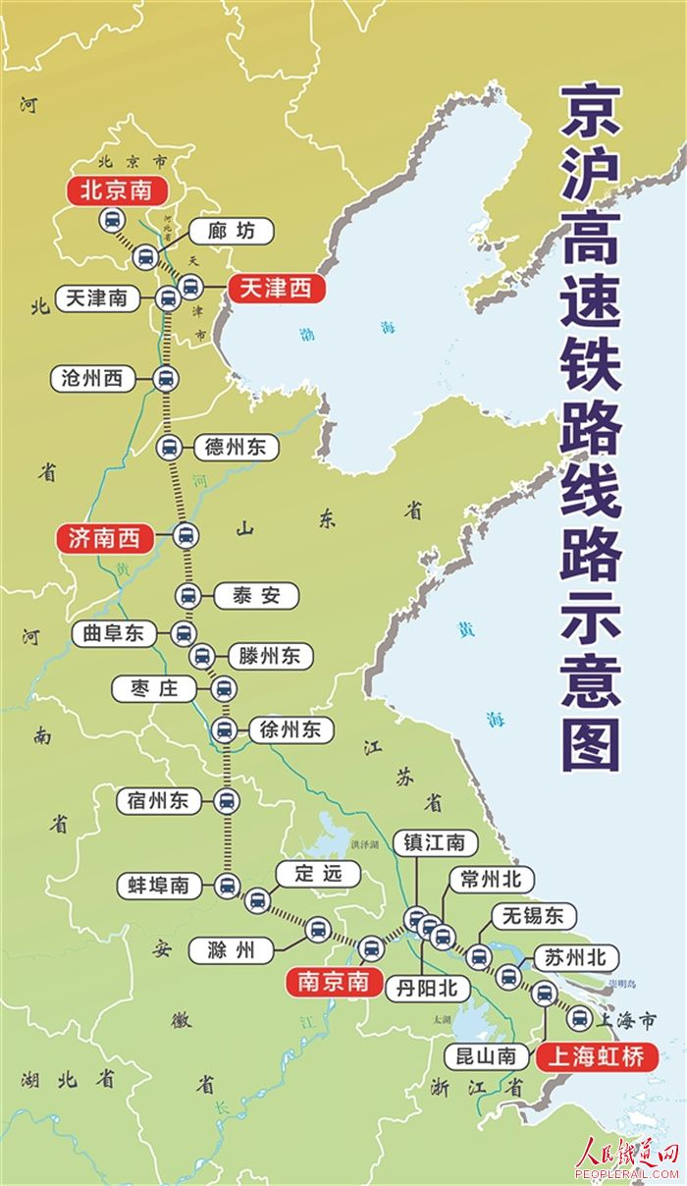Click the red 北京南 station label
[116, 190]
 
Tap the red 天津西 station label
[275, 288]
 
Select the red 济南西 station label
[105, 538]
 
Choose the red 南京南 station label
[334, 980]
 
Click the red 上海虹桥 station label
[597, 1055]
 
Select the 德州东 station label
[236, 448]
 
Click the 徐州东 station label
[291, 729]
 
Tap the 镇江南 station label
[435, 842]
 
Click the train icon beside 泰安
[187, 595]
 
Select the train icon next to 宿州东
[227, 801]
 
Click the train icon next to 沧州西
[165, 378]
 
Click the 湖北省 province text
[68, 1080]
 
